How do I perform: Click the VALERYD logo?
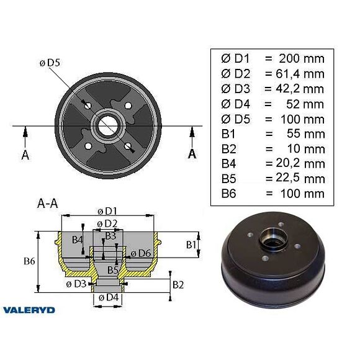29,309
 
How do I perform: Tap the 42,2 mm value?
294,89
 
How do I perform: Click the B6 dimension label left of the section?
29,261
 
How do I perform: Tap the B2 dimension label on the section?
178,285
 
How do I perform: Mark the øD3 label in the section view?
76,284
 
